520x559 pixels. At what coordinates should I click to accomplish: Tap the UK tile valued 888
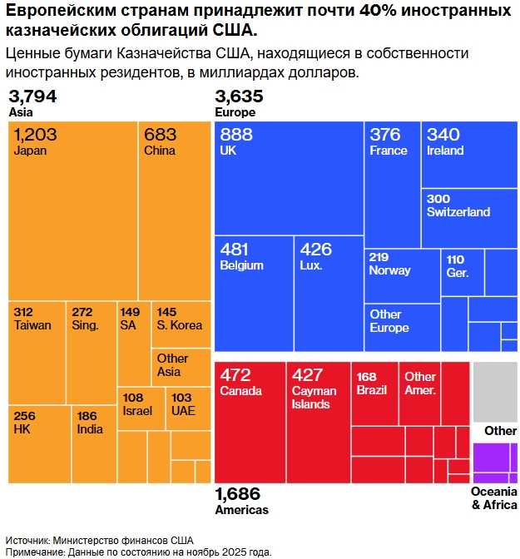point(288,178)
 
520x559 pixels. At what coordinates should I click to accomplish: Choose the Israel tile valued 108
point(141,408)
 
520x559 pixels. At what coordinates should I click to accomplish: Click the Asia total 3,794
point(32,96)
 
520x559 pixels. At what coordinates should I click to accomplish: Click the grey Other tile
point(495,392)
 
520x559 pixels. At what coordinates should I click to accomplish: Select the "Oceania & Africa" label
point(494,498)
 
